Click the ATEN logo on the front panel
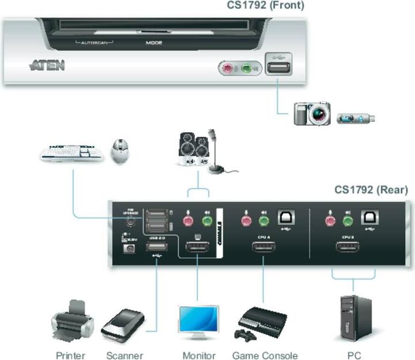click(47, 65)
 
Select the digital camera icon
click(312, 114)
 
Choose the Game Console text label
click(265, 355)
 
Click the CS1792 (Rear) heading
click(371, 190)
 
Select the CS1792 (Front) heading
click(265, 6)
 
